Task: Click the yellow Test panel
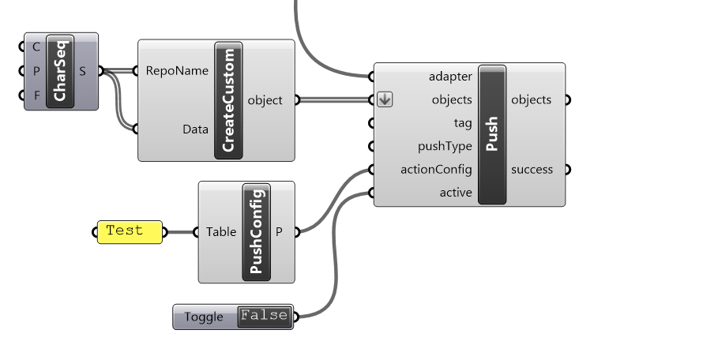(130, 232)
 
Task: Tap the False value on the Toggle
(265, 317)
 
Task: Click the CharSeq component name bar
(60, 71)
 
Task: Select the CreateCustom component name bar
(228, 100)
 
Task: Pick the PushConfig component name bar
(257, 232)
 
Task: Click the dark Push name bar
(492, 134)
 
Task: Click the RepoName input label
(177, 71)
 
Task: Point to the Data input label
(196, 129)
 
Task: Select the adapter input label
(450, 77)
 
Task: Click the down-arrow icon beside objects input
(385, 99)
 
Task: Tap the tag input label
(463, 123)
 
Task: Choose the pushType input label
(445, 146)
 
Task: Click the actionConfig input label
(436, 170)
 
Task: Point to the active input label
(456, 193)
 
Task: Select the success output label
(532, 170)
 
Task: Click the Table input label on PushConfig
(221, 232)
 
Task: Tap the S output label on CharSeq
(82, 71)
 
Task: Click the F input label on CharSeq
(36, 96)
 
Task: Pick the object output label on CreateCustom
(265, 100)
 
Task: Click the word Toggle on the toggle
(204, 317)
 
